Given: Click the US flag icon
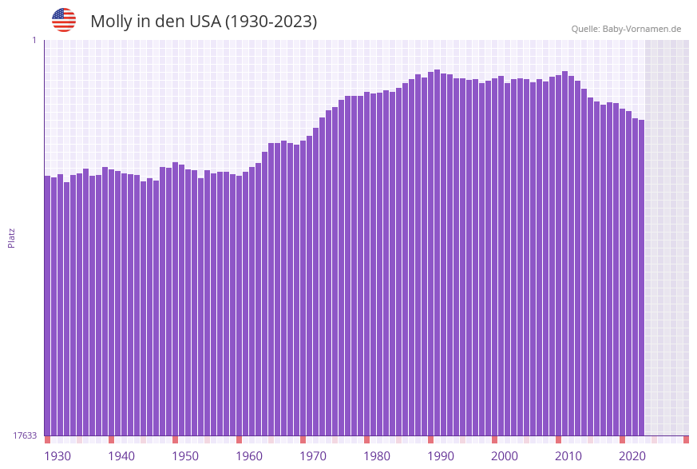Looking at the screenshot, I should [x=64, y=21].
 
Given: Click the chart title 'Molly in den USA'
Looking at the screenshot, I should [x=204, y=22].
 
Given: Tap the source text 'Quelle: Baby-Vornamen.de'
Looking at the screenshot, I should [x=626, y=29].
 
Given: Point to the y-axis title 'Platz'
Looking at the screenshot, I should [x=12, y=237].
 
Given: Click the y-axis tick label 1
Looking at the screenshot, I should [x=34, y=40].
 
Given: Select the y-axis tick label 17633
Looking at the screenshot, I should [x=25, y=435].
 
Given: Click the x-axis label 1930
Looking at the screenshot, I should [x=57, y=456].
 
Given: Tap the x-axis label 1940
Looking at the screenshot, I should [x=121, y=456].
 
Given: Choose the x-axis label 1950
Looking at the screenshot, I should [x=184, y=456].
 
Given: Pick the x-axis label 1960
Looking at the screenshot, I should [x=249, y=456].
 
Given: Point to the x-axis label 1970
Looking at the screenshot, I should [x=313, y=456].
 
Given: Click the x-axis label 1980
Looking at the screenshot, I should [x=377, y=456].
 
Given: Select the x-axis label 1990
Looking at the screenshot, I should [x=441, y=456].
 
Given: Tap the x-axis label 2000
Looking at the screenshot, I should [x=505, y=456].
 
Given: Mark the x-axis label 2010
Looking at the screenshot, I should [x=568, y=456].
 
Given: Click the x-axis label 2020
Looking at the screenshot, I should [x=632, y=456].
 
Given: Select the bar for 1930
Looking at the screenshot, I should [x=47, y=304].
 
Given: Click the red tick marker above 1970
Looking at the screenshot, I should [x=303, y=439].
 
